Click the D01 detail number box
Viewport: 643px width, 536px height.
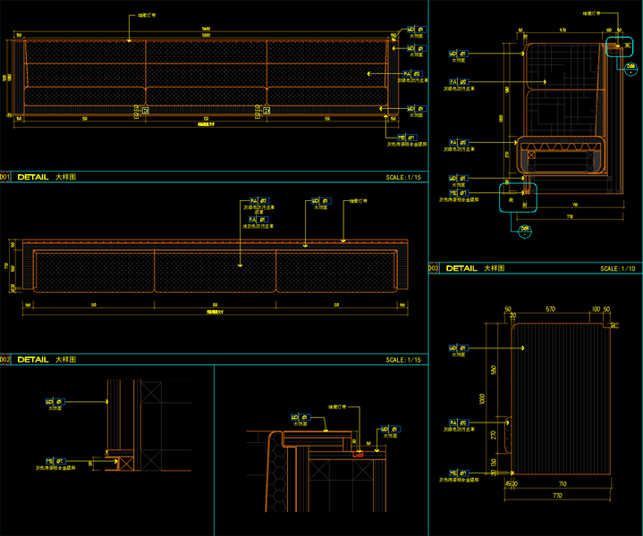click(x=4, y=177)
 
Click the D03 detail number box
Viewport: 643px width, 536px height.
click(x=434, y=268)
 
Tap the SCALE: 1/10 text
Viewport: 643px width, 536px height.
click(x=617, y=268)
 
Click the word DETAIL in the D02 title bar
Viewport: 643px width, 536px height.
click(x=33, y=360)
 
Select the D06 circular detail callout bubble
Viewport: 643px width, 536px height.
click(x=630, y=65)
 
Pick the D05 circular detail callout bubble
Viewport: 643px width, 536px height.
click(x=526, y=230)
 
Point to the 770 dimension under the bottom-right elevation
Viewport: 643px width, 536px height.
click(x=556, y=494)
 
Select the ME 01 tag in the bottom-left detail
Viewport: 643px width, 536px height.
click(x=52, y=456)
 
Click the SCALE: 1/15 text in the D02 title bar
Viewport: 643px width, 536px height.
click(x=403, y=360)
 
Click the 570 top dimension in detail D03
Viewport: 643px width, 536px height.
click(x=563, y=30)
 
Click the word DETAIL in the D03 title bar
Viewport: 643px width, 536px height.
click(x=462, y=268)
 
